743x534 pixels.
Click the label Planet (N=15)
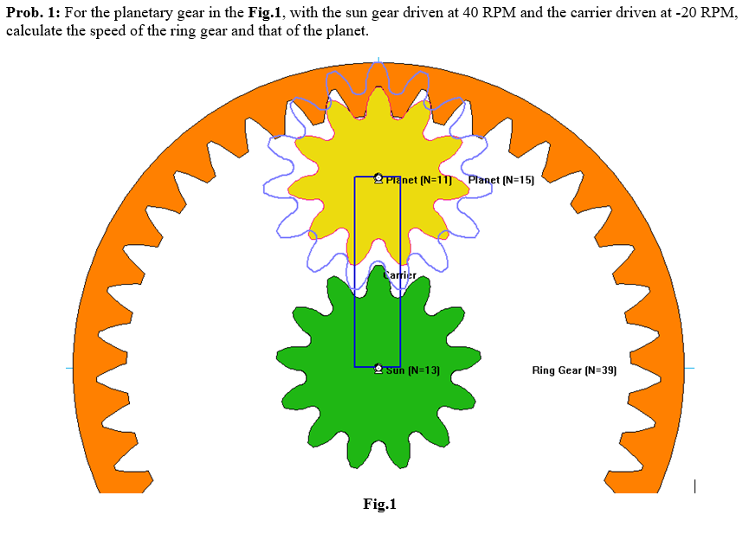click(x=501, y=180)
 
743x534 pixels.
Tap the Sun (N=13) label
click(x=413, y=370)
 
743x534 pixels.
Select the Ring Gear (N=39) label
click(x=573, y=370)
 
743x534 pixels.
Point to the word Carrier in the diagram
click(x=400, y=275)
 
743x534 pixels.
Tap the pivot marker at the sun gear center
click(x=378, y=369)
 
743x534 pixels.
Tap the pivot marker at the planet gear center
click(x=378, y=178)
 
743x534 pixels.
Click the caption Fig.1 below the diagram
click(x=379, y=504)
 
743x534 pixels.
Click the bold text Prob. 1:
click(x=37, y=14)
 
